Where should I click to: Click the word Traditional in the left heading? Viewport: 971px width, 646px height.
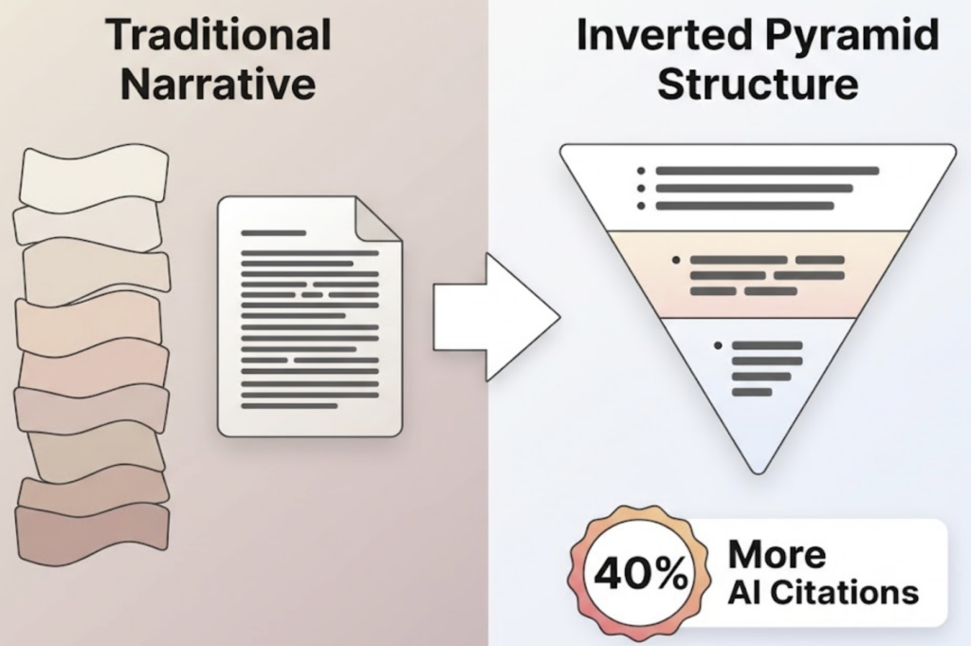(x=219, y=36)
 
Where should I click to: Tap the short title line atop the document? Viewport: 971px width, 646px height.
(x=273, y=232)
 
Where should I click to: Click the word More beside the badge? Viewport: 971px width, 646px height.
(x=776, y=555)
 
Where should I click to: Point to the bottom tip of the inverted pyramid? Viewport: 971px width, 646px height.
(x=756, y=467)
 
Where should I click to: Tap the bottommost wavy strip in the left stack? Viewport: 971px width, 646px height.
(x=93, y=534)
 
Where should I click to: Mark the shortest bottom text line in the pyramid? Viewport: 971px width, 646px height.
(x=752, y=392)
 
